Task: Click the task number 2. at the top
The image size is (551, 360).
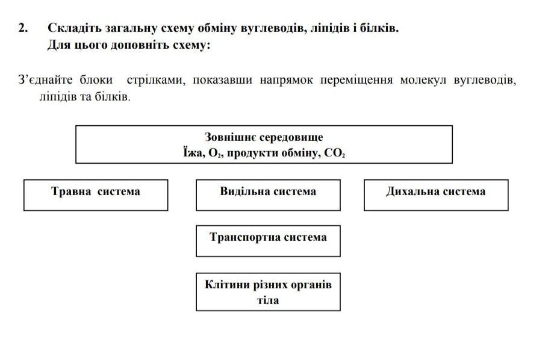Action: pos(23,28)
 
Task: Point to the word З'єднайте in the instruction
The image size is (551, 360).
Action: pos(45,79)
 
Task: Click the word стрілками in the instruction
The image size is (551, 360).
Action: pos(156,79)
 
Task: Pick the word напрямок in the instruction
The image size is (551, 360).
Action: pos(286,80)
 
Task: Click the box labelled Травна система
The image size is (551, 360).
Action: pos(96,195)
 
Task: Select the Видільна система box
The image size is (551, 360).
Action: pos(268,195)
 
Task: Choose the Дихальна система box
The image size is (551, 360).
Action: pos(436,195)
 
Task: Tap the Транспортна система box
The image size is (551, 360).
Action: pos(268,241)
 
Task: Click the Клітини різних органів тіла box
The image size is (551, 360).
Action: pos(268,292)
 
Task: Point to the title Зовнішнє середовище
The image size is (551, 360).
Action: pos(264,137)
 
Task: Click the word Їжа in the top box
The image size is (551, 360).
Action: pos(193,153)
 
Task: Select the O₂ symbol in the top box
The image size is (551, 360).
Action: pos(214,153)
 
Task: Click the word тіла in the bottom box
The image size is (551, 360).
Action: pos(268,300)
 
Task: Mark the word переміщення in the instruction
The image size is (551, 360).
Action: pos(356,80)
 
